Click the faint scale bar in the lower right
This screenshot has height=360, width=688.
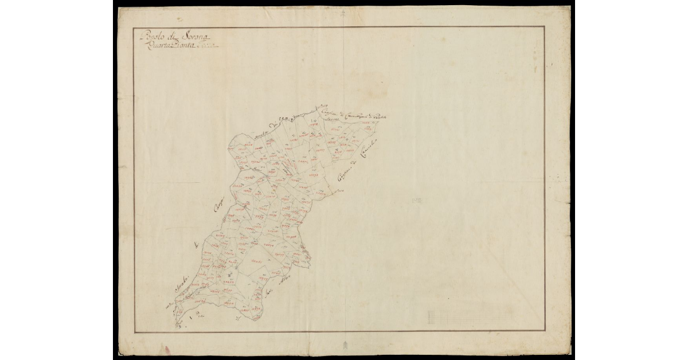[x=469, y=316]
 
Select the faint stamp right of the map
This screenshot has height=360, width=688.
[x=416, y=200]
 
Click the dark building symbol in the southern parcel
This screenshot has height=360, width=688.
[x=229, y=277]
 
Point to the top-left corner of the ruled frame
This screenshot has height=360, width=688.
[x=134, y=27]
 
